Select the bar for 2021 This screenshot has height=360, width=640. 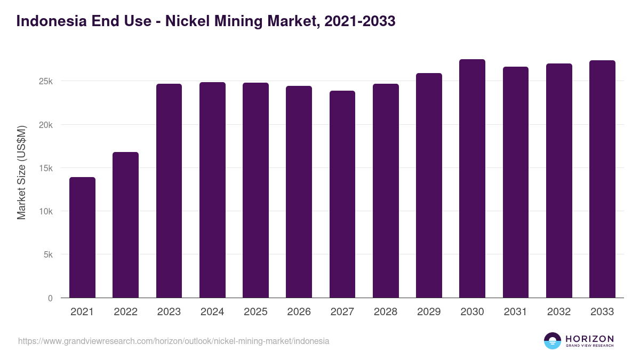82,237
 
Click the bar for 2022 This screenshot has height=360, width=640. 125,225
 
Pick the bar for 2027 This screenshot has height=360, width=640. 342,194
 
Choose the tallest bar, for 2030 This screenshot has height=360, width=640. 472,178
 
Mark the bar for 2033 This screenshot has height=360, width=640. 602,179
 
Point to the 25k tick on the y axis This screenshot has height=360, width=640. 45,82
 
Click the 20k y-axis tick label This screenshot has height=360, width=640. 45,125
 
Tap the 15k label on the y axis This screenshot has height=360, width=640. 45,168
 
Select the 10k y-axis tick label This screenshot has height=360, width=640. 45,211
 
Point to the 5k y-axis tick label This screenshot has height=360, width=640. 47,255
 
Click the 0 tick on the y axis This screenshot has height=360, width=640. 50,298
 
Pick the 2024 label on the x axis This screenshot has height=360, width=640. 212,312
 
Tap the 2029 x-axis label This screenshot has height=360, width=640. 429,312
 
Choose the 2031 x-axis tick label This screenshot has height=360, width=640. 516,312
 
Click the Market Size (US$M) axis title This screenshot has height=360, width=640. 21,172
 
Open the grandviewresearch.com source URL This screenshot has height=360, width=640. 173,341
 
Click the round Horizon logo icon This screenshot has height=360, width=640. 553,341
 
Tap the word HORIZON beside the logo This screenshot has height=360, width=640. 589,338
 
